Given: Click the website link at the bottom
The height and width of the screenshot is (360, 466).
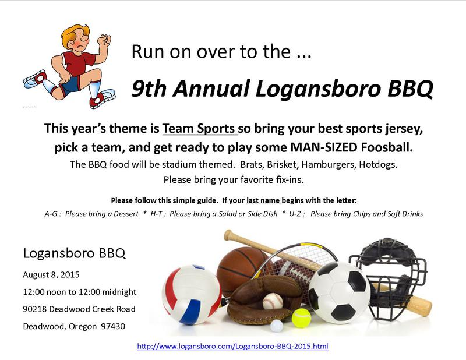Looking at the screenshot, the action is coord(232,346).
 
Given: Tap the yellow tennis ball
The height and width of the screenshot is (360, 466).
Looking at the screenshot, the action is coord(301,318).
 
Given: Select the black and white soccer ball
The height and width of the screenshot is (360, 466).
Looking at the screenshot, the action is coord(340,292).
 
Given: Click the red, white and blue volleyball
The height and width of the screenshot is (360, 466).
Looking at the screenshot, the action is coord(192,294).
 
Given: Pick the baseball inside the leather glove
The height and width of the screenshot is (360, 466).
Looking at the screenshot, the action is coord(273,301).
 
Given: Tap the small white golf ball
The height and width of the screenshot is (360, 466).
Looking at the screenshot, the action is coord(277,326).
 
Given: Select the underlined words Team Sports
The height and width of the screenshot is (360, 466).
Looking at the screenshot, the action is coord(199,128).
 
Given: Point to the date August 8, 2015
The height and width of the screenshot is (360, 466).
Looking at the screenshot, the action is coord(51,274).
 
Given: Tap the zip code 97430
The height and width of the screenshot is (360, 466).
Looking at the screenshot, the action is coord(113,326).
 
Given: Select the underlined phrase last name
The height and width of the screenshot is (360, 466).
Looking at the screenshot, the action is coord(263,200).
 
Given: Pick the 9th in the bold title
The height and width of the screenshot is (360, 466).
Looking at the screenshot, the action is coord(149,89).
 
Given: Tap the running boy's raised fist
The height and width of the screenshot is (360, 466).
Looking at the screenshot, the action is coord(105,40).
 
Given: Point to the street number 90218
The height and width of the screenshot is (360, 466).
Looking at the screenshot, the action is coord(35,309).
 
